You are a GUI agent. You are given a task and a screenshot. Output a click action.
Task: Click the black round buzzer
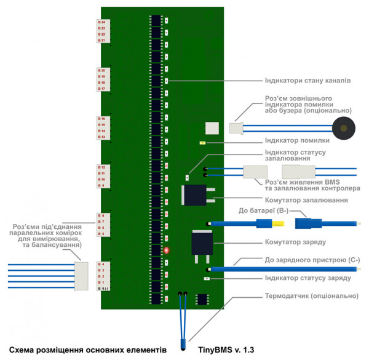344,129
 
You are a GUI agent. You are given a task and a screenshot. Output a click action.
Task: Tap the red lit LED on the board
166,250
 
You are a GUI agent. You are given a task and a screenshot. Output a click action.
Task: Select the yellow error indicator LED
202,143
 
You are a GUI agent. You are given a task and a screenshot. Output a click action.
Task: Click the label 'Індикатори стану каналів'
307,81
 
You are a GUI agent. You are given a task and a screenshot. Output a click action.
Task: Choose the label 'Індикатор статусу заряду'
307,278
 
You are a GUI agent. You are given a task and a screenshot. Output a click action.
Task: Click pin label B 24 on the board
101,22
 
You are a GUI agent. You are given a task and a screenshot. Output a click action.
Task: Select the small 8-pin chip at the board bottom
201,299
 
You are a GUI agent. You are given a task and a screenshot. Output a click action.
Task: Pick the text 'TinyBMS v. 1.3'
226,350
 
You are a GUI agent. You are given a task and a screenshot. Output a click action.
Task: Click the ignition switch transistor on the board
196,195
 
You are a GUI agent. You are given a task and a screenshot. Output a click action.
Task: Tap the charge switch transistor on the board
202,243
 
